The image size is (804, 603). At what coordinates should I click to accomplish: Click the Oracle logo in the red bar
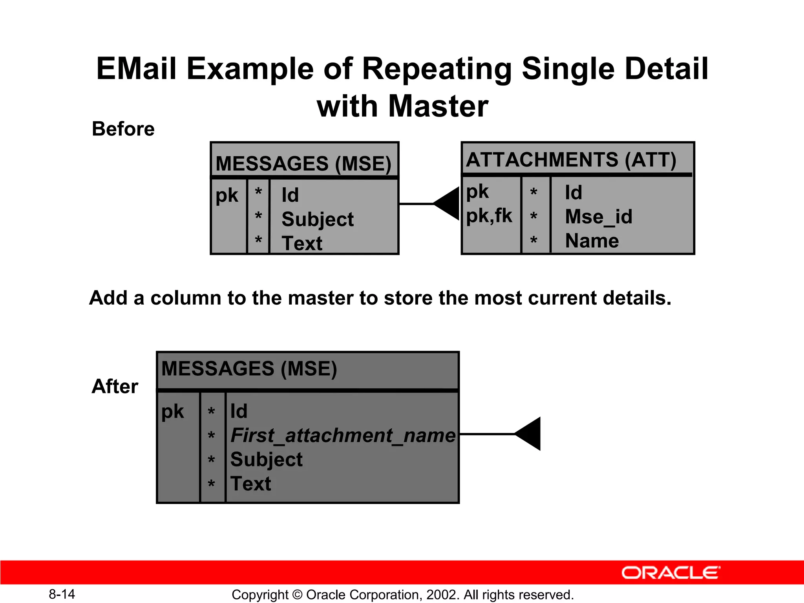[671, 573]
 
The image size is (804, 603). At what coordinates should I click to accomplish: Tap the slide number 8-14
[62, 594]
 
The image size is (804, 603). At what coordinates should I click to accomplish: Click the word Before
[123, 129]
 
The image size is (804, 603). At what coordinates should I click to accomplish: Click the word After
[115, 386]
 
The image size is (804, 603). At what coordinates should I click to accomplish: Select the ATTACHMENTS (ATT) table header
[571, 160]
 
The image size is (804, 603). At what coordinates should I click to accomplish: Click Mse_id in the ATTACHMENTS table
[598, 217]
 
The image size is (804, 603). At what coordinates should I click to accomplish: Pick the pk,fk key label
[489, 216]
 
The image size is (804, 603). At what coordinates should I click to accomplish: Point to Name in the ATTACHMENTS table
[592, 241]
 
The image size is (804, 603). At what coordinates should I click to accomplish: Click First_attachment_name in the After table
[343, 435]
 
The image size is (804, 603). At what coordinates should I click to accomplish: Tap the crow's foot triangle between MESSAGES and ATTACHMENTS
[448, 203]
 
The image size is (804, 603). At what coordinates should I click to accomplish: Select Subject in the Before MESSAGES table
[317, 219]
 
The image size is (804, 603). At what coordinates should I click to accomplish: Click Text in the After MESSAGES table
[250, 484]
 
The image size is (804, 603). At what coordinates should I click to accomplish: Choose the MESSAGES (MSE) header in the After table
[249, 369]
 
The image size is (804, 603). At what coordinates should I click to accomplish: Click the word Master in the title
[438, 106]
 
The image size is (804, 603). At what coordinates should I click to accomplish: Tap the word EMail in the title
[136, 69]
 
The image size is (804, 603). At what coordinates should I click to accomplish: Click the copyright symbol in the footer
[297, 595]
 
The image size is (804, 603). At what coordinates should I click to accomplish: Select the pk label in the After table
[172, 411]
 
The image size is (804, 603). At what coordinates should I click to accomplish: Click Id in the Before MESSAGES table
[290, 195]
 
